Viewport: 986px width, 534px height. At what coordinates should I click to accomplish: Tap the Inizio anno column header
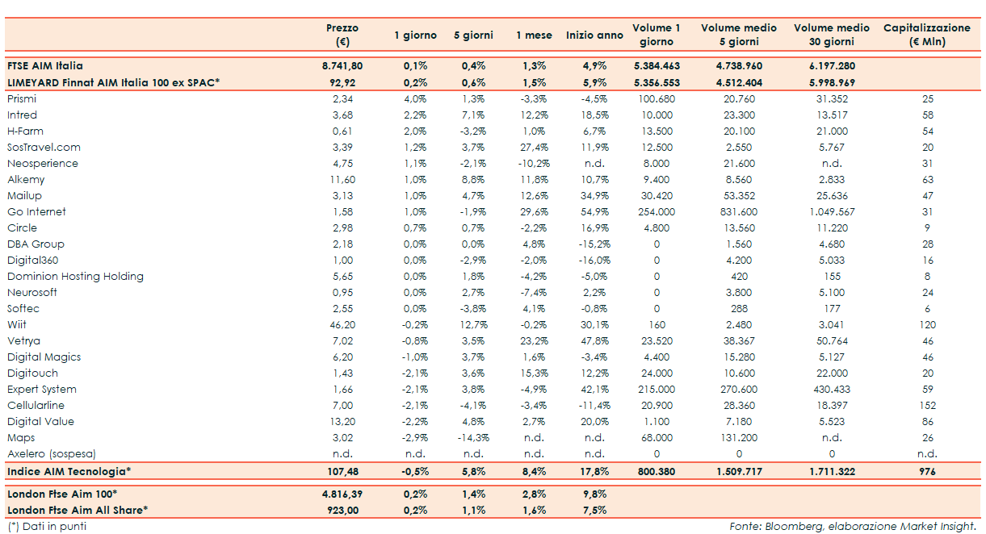(x=594, y=35)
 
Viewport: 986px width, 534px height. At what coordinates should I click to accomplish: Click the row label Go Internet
(x=37, y=212)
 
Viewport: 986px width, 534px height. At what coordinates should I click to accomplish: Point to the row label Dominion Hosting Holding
(x=76, y=277)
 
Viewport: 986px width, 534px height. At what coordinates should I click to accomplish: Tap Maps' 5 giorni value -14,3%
(x=472, y=438)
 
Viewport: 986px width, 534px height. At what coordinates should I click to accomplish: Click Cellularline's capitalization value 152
(x=927, y=406)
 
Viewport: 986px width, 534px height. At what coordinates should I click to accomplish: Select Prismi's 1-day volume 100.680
(x=656, y=99)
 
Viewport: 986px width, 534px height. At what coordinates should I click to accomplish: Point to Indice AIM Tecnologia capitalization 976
(x=927, y=472)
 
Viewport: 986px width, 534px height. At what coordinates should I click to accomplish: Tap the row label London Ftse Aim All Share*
(x=77, y=510)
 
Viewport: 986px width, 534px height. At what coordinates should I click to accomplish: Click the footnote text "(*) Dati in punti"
(x=47, y=527)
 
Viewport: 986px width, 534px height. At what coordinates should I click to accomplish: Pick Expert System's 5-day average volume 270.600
(x=739, y=390)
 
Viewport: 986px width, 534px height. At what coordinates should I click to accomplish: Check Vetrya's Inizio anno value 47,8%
(x=594, y=341)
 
